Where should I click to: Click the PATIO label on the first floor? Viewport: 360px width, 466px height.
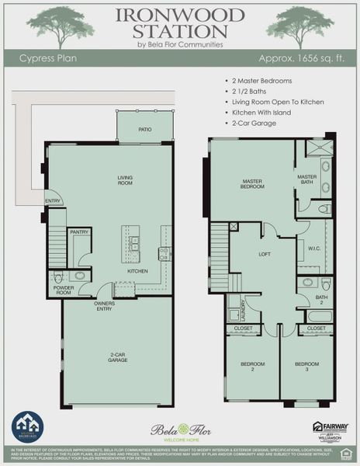[x=144, y=130]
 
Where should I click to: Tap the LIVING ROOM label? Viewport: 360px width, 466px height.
[x=126, y=180]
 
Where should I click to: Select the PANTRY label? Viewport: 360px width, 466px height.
[x=79, y=232]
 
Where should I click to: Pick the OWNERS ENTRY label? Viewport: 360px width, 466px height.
[x=105, y=305]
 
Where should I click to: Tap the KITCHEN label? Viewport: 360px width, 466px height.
[x=137, y=271]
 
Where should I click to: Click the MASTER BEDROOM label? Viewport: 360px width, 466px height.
[x=253, y=184]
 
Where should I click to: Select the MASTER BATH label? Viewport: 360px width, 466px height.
[x=307, y=179]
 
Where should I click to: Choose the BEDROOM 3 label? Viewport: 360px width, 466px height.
[x=306, y=367]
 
